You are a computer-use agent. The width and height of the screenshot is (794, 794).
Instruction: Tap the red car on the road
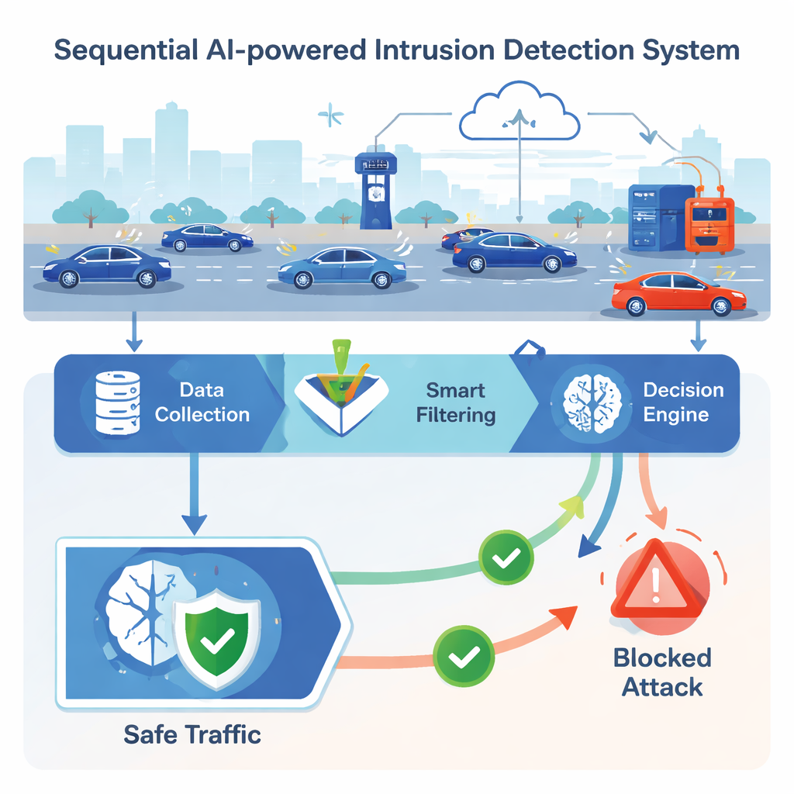pos(678,294)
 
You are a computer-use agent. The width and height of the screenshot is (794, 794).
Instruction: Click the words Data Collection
pos(202,402)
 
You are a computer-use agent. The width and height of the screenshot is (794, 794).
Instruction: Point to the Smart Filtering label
pos(456,402)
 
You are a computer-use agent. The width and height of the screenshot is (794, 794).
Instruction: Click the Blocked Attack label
pos(661,672)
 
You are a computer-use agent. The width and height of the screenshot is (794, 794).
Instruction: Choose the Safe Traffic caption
pos(192,733)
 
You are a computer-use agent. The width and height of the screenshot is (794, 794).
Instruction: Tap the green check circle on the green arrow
pos(505,557)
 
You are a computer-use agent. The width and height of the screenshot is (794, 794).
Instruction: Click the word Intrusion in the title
pos(419,50)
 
